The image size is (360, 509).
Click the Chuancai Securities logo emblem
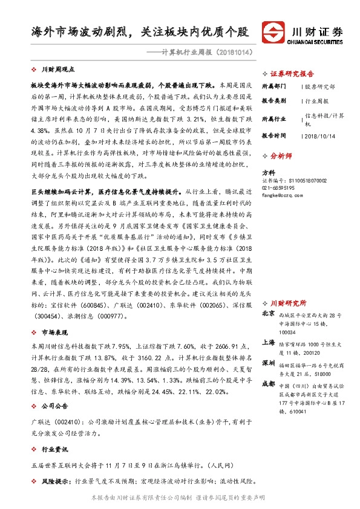273,32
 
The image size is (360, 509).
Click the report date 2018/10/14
319,137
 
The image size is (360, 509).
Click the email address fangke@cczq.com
282,195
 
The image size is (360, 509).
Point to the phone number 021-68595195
279,188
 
